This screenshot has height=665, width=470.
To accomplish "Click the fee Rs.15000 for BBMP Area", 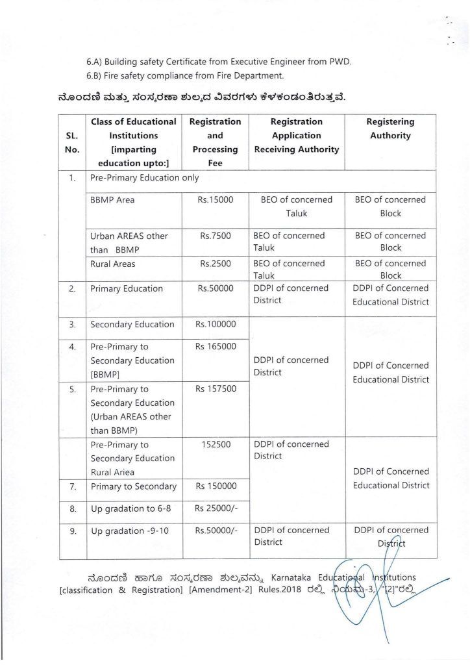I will (215, 200).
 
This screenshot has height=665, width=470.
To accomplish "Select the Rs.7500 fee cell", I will (215, 236).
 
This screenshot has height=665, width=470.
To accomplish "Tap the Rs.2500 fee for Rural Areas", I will (215, 264).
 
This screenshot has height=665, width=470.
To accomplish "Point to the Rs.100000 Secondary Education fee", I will (216, 324).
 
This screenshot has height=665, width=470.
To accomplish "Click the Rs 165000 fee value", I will (216, 347).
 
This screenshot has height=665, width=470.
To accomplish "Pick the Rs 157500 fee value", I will (216, 389).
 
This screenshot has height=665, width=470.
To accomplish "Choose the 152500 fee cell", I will (215, 445).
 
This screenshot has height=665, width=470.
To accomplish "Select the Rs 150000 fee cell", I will (216, 486).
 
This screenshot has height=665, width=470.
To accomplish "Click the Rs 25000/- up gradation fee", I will (216, 508).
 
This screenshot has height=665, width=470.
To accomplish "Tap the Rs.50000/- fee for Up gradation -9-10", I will (216, 531).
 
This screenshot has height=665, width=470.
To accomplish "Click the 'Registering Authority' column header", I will (390, 129).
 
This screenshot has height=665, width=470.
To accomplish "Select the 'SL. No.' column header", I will (73, 142).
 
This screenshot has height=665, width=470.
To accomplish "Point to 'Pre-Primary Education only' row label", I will (145, 177).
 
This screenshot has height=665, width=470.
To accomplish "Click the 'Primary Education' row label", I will (127, 289).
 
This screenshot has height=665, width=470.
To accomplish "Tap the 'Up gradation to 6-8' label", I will (130, 508).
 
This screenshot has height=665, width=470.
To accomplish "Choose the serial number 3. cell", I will (73, 324).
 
